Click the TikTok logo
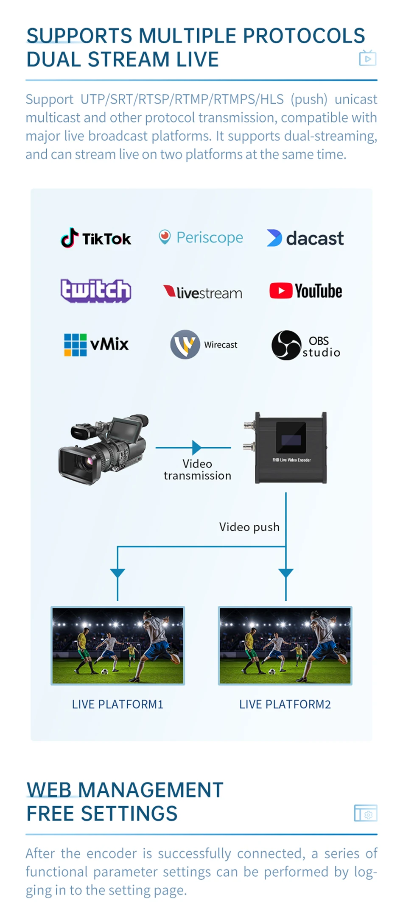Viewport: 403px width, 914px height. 96,238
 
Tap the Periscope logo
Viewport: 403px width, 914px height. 201,237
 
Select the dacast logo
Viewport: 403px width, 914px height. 305,238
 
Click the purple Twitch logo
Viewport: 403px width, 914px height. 96,291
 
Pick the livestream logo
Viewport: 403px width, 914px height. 203,292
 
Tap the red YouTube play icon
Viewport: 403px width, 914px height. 281,291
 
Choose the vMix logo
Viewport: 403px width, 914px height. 96,344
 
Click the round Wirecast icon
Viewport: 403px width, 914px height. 185,345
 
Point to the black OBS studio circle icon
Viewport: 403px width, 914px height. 286,345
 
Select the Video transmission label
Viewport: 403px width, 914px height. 197,470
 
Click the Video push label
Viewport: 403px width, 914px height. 249,527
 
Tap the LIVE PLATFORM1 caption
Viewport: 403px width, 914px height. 118,704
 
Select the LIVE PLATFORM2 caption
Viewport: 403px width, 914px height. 285,704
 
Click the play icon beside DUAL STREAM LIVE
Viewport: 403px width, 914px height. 367,58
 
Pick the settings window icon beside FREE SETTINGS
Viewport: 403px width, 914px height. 365,813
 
